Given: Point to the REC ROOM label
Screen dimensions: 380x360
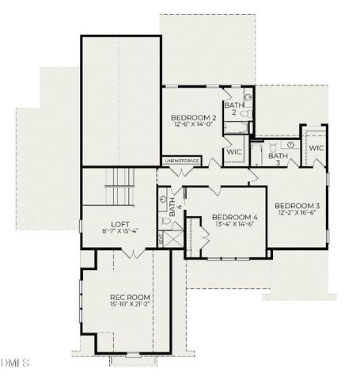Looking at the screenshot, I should [x=130, y=298].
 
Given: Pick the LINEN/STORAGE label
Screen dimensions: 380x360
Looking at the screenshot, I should [x=182, y=161].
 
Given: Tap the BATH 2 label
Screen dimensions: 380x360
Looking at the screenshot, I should [x=233, y=108].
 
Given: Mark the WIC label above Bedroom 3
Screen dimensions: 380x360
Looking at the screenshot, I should [x=315, y=148].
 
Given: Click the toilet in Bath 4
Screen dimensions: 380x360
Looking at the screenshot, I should [x=163, y=201].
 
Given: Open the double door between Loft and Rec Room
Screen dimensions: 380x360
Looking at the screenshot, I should [x=134, y=253].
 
